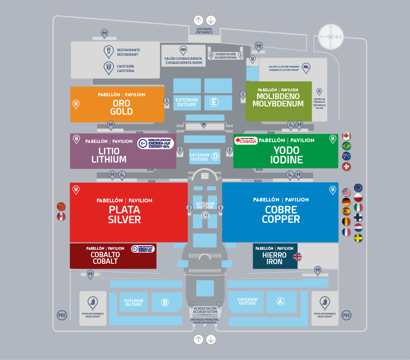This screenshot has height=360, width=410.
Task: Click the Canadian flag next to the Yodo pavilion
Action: click(347, 136)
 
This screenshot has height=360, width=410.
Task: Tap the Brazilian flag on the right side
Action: click(347, 146)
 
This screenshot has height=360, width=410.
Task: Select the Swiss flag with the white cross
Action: click(347, 166)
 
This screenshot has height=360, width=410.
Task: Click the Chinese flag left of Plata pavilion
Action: click(61, 206)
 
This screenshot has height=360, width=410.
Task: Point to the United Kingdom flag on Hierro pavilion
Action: click(297, 257)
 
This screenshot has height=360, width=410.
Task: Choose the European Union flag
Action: click(358, 188)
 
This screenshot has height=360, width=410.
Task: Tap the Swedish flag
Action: click(358, 238)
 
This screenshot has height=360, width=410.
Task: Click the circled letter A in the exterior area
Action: click(281, 301)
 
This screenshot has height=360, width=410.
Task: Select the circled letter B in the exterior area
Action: click(165, 303)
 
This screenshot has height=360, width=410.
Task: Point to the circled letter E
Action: click(213, 102)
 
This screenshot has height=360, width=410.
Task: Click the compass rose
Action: click(331, 37)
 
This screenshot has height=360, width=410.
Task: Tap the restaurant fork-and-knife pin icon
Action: click(109, 51)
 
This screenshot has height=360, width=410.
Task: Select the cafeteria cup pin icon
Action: click(109, 68)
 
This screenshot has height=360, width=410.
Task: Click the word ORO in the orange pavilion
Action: click(121, 103)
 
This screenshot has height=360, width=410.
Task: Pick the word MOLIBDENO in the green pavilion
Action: click(278, 97)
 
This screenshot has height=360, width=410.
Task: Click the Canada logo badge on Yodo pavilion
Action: click(246, 140)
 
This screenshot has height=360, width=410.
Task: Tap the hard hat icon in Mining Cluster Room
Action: click(306, 68)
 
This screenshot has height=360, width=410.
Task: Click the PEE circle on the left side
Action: click(61, 315)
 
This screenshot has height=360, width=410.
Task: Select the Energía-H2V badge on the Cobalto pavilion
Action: click(143, 249)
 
